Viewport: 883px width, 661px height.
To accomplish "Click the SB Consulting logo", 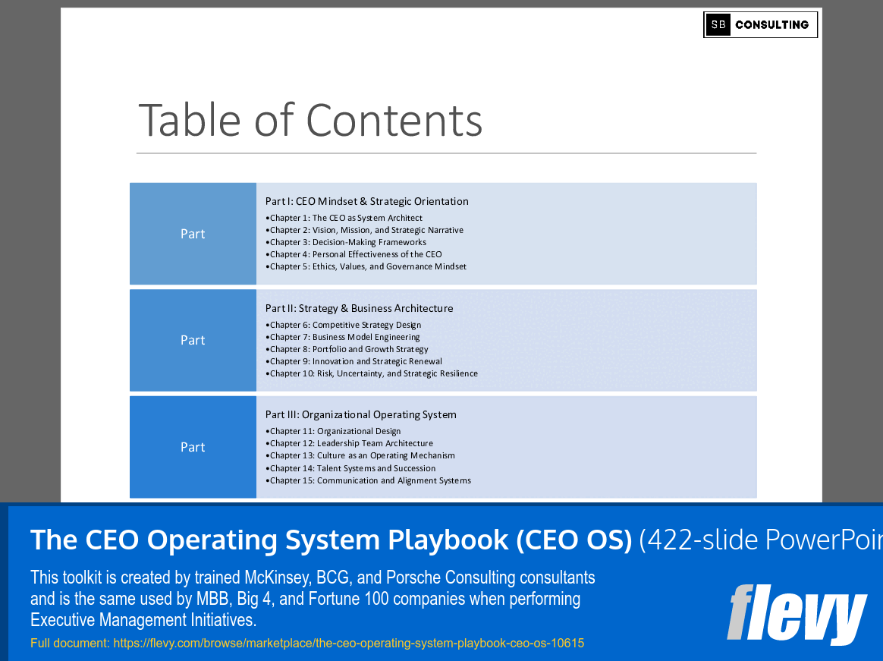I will tap(760, 24).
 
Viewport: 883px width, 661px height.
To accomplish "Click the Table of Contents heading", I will tap(310, 120).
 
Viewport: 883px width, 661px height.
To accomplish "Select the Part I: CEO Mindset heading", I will tap(366, 201).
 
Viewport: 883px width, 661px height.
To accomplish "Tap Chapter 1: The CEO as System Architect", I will tap(346, 218).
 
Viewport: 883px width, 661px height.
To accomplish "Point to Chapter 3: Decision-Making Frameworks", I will tap(347, 242).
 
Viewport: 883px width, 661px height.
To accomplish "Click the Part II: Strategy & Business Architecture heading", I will tap(359, 308).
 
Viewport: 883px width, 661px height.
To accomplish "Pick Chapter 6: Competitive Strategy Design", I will tap(345, 325).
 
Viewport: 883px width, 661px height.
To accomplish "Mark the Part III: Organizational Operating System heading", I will tap(360, 414).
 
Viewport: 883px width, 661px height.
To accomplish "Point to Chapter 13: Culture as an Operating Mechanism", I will tap(362, 455).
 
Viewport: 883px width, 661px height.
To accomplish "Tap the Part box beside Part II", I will tap(193, 340).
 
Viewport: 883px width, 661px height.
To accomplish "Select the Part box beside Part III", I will tap(193, 447).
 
